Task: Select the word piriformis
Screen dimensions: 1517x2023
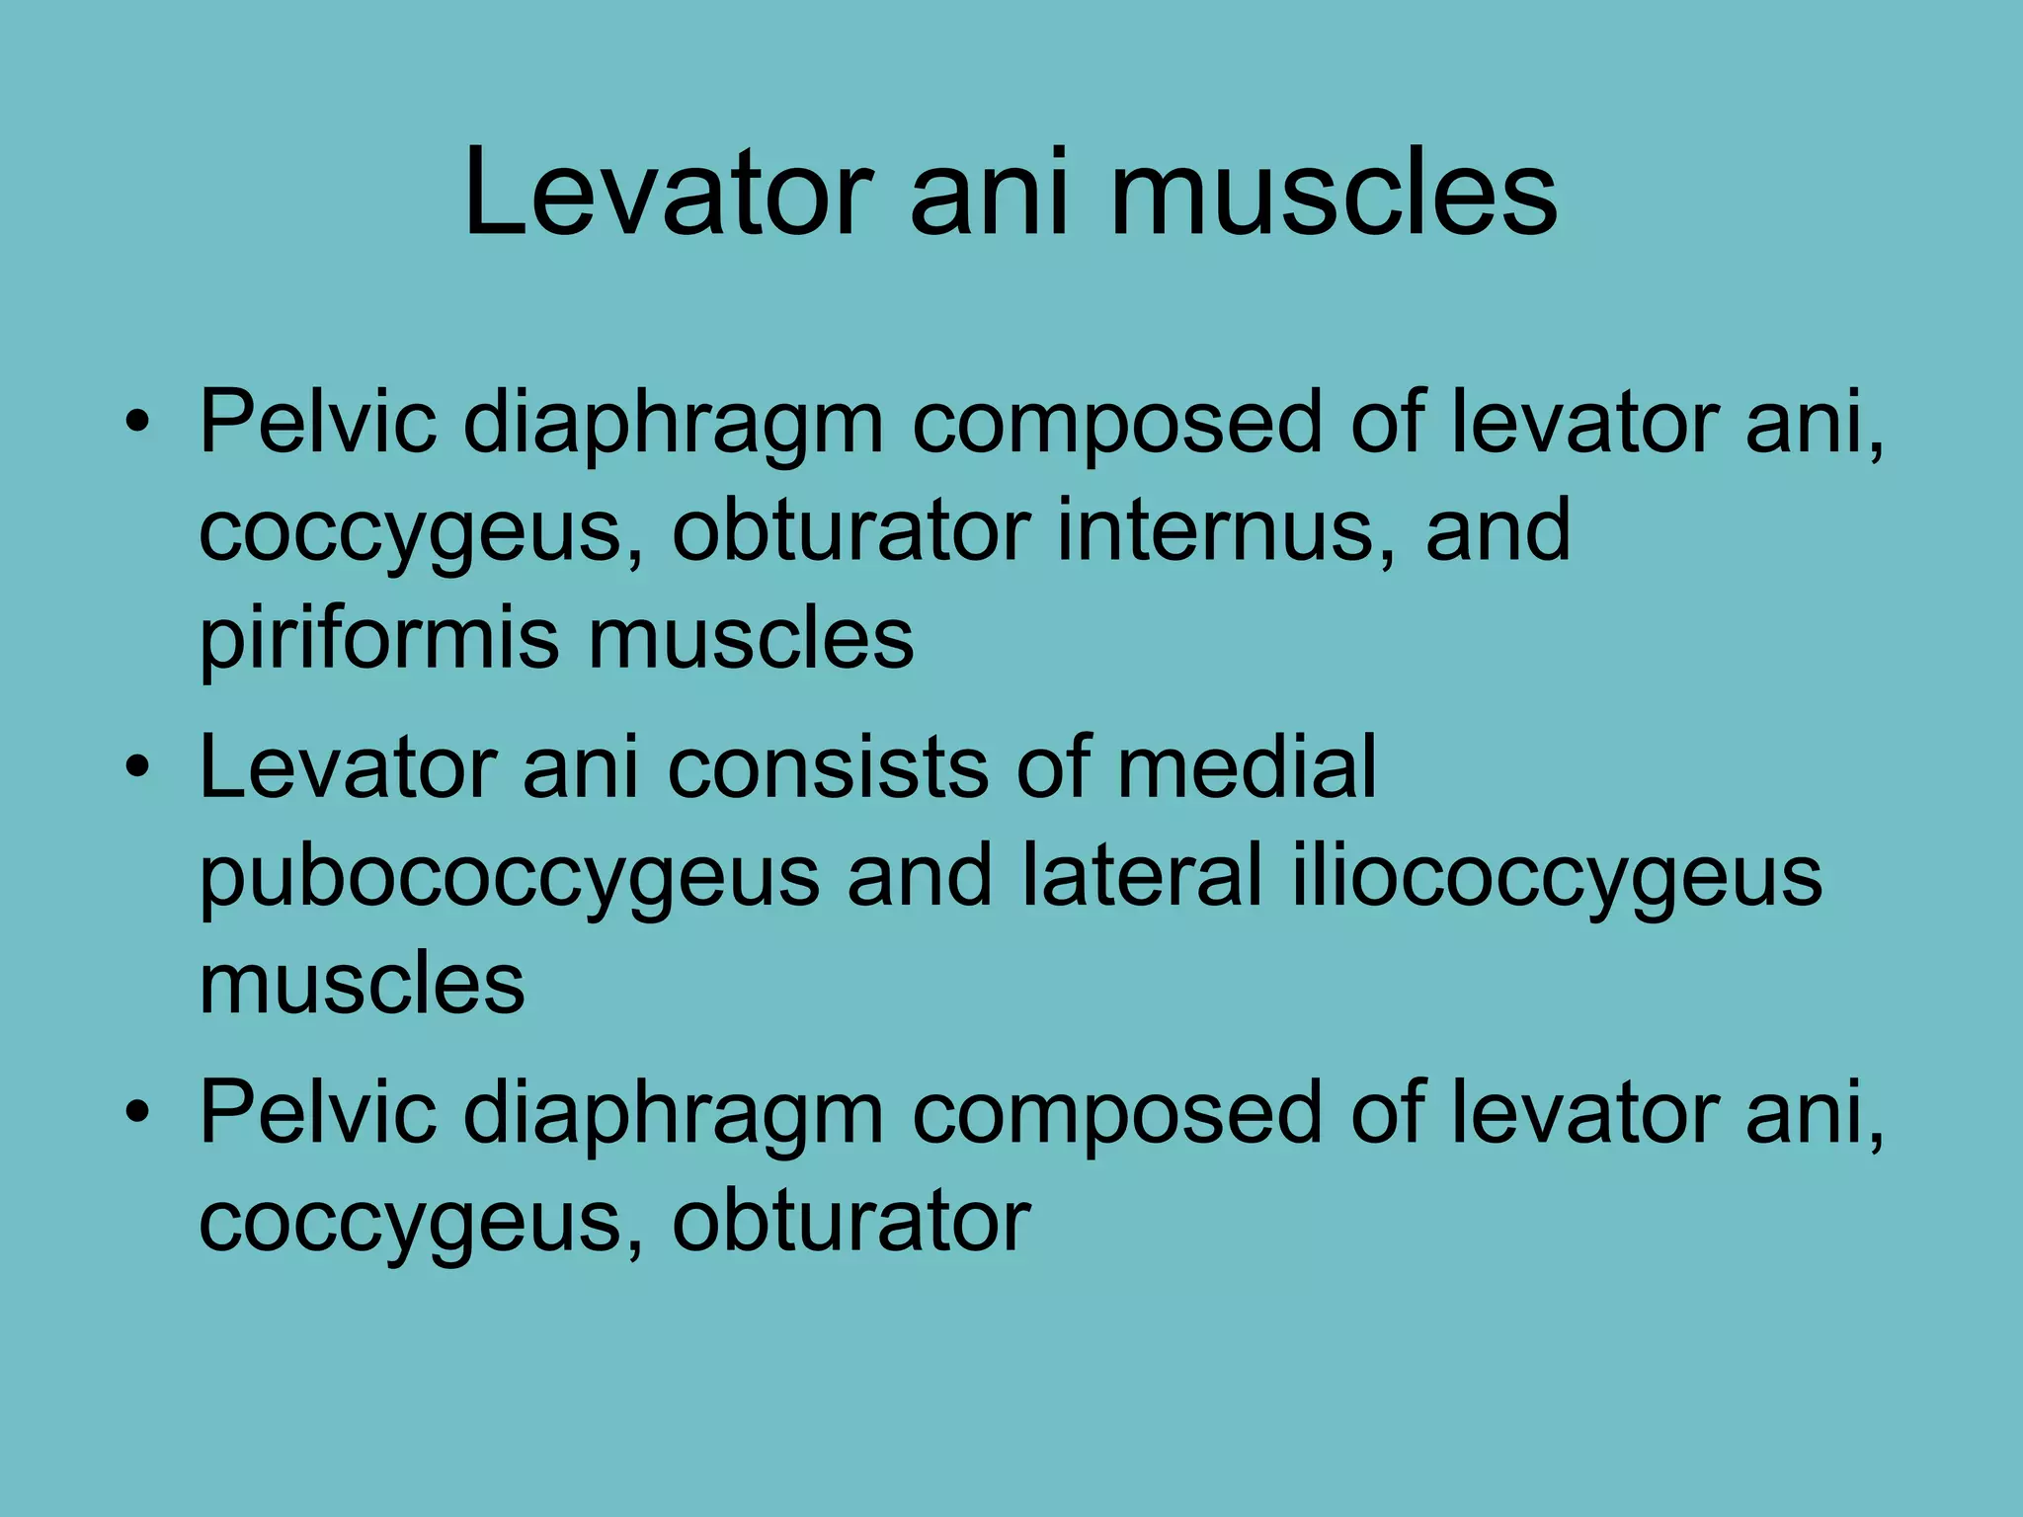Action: click(379, 640)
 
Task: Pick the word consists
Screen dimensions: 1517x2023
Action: click(827, 767)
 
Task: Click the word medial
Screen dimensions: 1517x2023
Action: click(1247, 767)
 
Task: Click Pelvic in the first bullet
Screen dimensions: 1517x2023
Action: click(318, 422)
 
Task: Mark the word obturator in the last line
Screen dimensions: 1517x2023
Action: click(851, 1222)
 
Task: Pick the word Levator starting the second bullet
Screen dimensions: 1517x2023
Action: click(348, 767)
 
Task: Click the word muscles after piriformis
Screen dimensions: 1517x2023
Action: click(751, 638)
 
